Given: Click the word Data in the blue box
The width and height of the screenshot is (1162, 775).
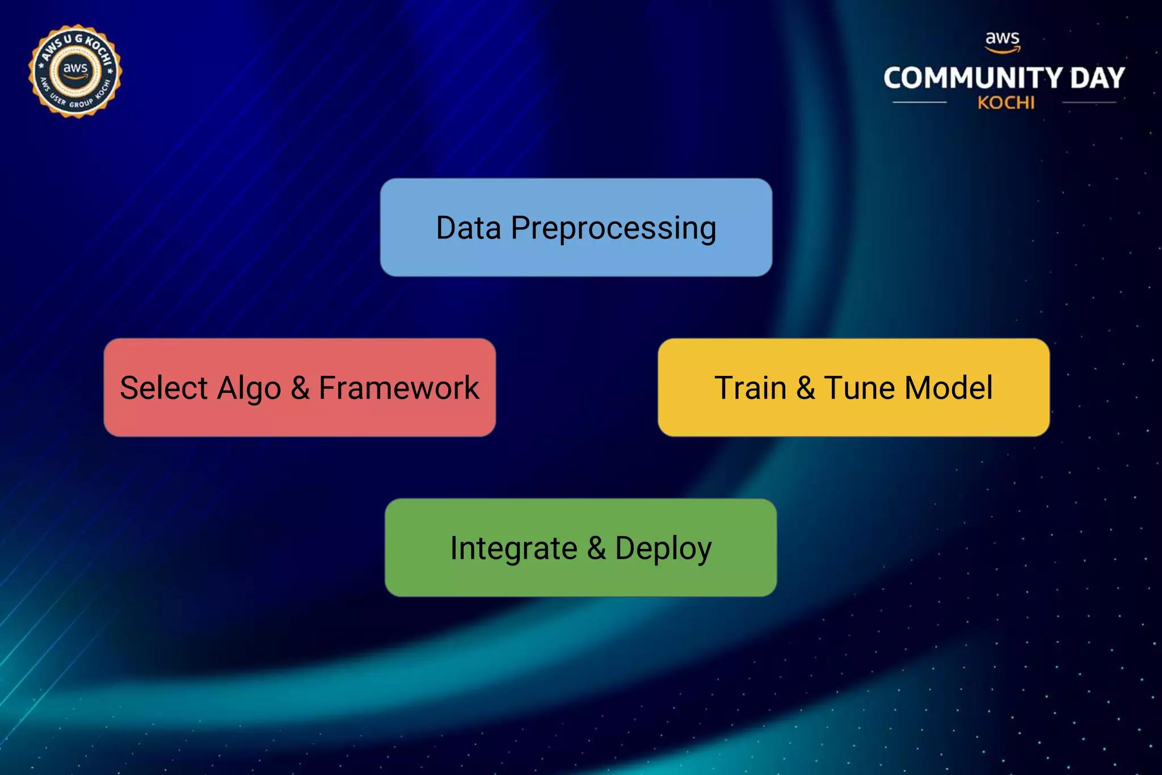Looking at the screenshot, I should click(x=468, y=228).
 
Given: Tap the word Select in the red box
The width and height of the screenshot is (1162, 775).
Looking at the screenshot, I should click(x=164, y=388).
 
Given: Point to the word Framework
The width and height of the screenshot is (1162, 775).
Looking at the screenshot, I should click(x=398, y=388).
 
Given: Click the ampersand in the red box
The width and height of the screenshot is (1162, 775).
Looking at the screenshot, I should click(x=300, y=388).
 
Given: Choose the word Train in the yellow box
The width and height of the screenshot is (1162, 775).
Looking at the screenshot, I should click(x=750, y=388).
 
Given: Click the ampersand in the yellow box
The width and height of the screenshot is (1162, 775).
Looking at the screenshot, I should click(x=806, y=388).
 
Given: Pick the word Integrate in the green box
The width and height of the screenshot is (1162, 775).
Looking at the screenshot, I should click(x=513, y=549).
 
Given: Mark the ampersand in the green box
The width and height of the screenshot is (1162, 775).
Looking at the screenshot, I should click(x=596, y=548).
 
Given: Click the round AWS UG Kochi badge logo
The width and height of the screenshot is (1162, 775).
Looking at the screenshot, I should click(x=75, y=72).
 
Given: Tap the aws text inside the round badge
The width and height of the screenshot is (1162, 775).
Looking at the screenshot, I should click(x=75, y=69).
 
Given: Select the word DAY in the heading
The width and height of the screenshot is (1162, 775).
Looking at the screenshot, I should click(x=1097, y=78).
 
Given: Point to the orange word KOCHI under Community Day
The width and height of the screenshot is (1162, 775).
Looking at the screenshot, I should click(x=1006, y=103).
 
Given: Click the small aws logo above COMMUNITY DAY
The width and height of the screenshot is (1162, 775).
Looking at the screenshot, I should click(x=1003, y=41).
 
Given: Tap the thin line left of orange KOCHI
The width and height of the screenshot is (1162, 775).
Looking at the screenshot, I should click(x=920, y=103).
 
